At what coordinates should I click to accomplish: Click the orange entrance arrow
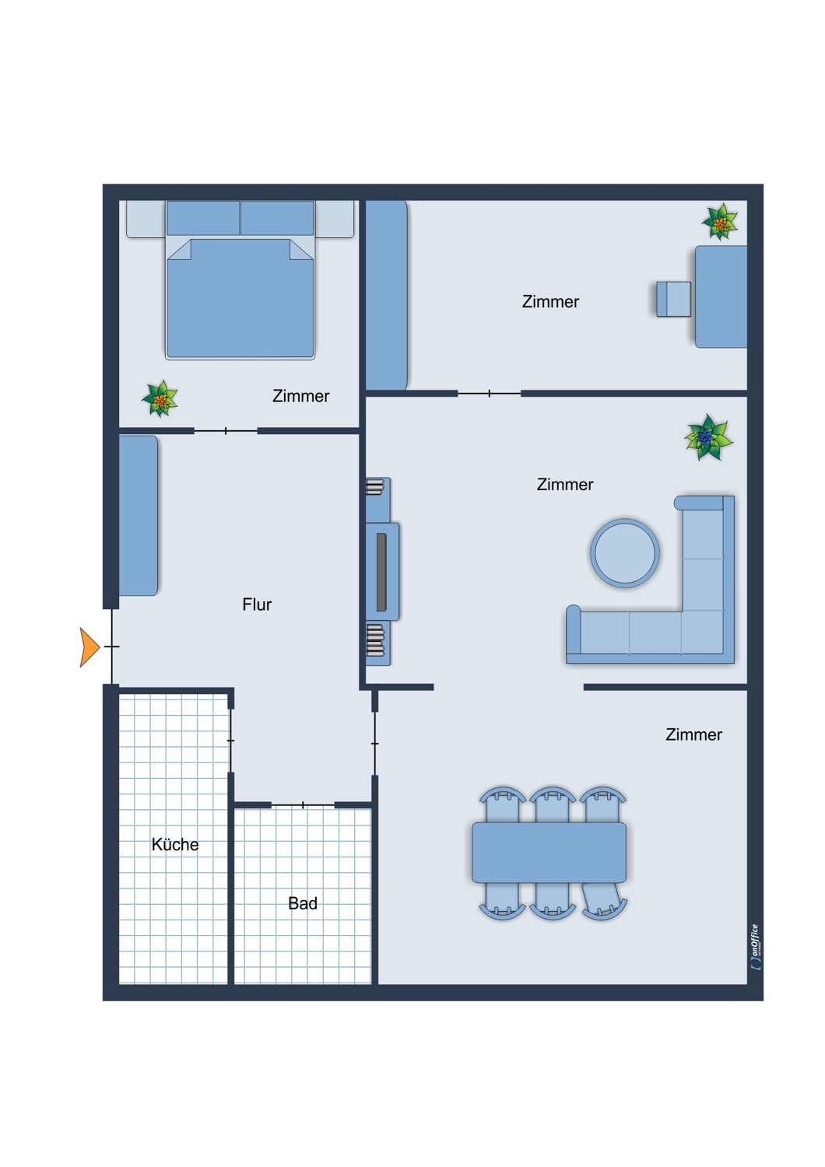[89, 647]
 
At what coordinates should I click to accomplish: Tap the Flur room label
[257, 605]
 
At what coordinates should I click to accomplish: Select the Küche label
[175, 844]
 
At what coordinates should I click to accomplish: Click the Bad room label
[303, 902]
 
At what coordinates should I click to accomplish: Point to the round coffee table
[625, 552]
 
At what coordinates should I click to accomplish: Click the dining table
[549, 853]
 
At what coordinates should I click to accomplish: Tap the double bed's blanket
[240, 298]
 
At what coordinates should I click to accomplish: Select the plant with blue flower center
[708, 437]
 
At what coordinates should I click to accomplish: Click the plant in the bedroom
[160, 398]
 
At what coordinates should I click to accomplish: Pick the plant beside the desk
[720, 222]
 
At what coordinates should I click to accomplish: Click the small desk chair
[674, 299]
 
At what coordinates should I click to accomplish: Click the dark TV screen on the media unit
[381, 572]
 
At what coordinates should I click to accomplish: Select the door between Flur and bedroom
[226, 431]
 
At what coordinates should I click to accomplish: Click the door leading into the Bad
[303, 805]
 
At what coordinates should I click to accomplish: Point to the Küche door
[230, 741]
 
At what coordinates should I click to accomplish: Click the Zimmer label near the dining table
[693, 734]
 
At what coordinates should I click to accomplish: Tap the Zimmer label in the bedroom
[300, 396]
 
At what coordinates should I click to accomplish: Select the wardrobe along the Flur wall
[139, 516]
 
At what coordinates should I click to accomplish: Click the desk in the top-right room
[721, 296]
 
